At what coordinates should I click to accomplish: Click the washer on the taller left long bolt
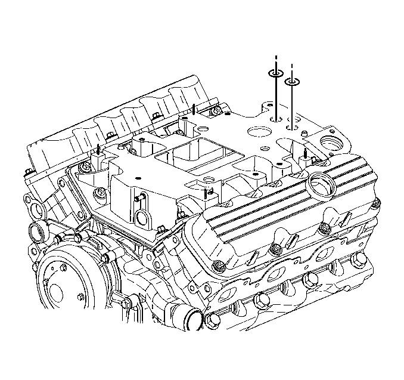click(276, 73)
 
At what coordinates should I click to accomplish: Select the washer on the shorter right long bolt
click(292, 82)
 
